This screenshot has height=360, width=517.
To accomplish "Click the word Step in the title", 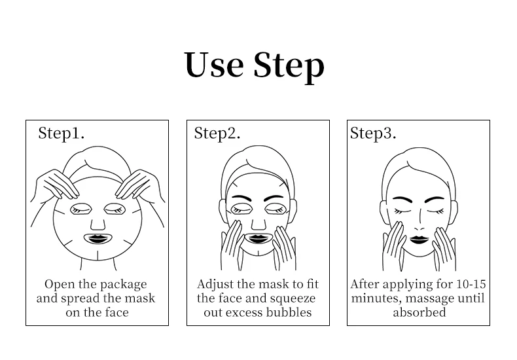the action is [289, 66].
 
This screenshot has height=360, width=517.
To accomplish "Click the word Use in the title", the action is [214, 65].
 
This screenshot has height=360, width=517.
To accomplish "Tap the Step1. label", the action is [62, 134].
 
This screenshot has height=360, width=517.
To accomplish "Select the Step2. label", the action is [217, 134].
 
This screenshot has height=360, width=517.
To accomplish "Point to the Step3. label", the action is [373, 134].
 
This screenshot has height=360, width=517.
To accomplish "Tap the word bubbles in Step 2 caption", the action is [289, 312].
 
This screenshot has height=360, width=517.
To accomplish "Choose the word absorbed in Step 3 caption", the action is [419, 312].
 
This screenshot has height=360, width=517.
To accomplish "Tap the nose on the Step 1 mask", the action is [98, 224].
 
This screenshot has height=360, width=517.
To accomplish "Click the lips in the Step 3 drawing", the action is [419, 240].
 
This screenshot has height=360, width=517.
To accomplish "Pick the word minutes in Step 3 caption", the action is [376, 298].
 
